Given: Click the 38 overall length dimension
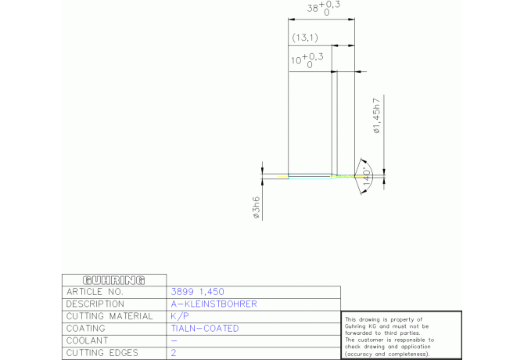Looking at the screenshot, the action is (x=324, y=8).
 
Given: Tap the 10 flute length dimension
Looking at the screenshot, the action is (x=307, y=60).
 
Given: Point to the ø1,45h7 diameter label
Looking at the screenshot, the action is (x=377, y=116).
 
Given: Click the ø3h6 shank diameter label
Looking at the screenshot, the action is (x=257, y=207).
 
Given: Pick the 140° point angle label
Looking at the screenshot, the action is (x=367, y=176).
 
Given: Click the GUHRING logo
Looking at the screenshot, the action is (x=113, y=280).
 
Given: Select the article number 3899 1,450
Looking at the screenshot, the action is (x=198, y=292).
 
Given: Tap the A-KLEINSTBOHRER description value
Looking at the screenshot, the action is (x=214, y=304).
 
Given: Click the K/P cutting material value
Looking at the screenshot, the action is (x=180, y=316).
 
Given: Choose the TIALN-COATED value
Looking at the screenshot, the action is (x=205, y=329).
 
